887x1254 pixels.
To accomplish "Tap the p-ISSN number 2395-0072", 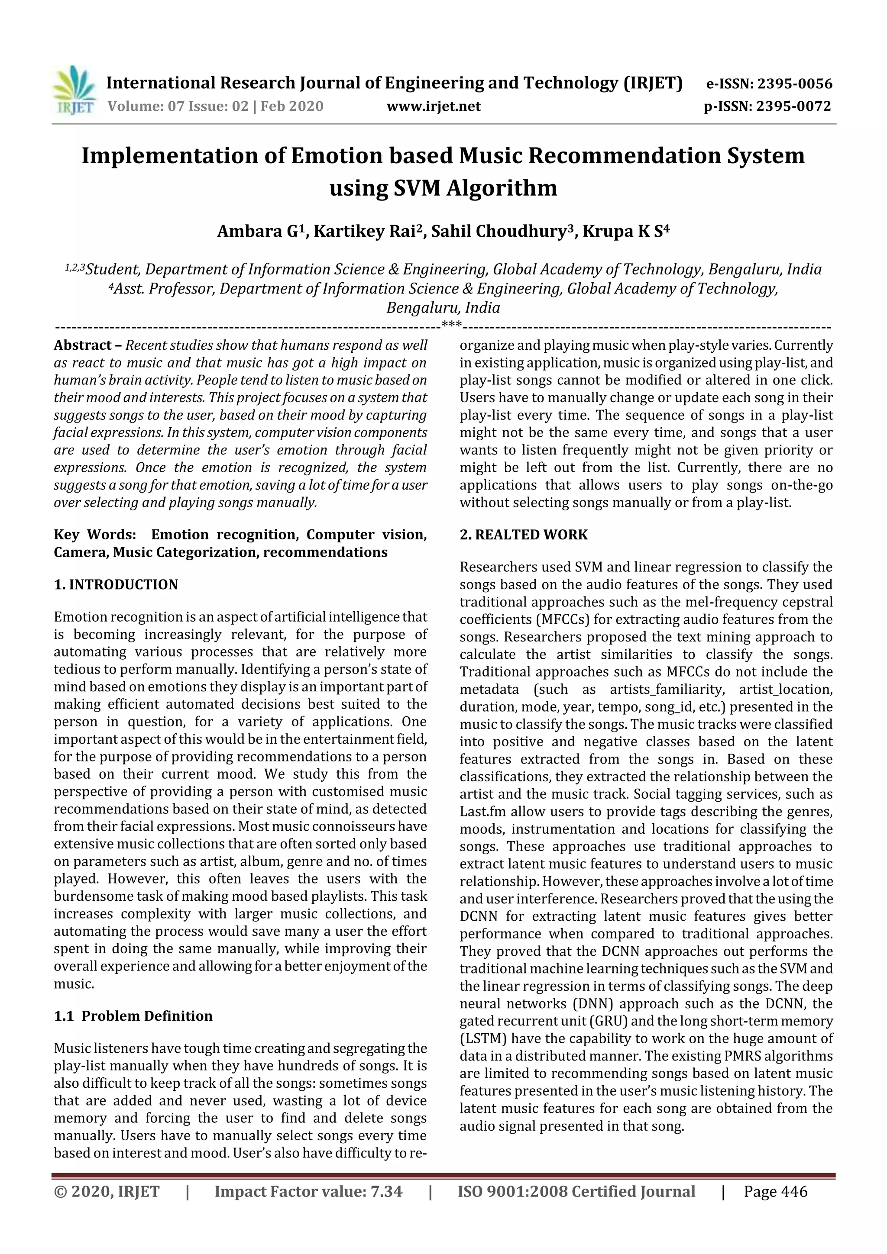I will point(793,106).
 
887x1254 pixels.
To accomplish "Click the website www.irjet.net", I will point(434,106).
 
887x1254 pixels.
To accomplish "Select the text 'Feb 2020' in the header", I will point(292,106).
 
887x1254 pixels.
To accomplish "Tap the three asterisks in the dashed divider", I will point(451,326).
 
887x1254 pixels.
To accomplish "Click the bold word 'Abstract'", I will point(83,345).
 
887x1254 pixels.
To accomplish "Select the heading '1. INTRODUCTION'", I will point(116,584).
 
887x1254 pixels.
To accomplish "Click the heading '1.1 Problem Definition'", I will point(133,1016).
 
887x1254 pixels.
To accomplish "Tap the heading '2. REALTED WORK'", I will point(523,534).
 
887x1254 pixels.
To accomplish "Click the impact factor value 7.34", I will point(386,1191).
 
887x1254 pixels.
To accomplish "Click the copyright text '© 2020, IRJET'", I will point(107,1191).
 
